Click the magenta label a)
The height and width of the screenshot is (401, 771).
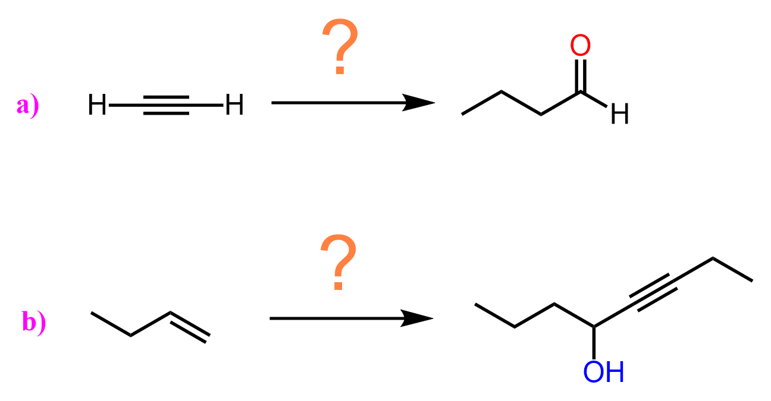point(28,106)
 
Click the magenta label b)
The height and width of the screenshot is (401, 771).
point(34,322)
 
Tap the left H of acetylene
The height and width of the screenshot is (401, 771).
point(97,105)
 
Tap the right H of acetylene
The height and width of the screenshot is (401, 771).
point(234,105)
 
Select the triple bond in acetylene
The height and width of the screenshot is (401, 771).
point(166,105)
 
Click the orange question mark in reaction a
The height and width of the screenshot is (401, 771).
point(340,46)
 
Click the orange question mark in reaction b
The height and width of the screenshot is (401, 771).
point(339,262)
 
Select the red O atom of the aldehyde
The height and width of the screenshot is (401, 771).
point(580,45)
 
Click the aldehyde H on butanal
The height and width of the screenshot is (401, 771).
point(619,113)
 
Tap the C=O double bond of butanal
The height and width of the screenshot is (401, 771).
point(580,75)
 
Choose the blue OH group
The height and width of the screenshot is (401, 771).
point(603,372)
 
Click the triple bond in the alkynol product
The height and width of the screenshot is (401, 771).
point(653,293)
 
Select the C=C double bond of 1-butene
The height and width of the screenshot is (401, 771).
point(190,327)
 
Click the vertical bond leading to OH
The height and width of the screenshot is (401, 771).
point(594,343)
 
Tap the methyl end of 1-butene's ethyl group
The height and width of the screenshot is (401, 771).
point(91,312)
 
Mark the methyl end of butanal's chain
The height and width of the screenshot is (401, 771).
point(462,115)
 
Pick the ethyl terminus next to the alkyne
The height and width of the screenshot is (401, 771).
point(753,281)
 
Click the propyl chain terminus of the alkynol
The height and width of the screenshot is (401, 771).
point(475,304)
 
